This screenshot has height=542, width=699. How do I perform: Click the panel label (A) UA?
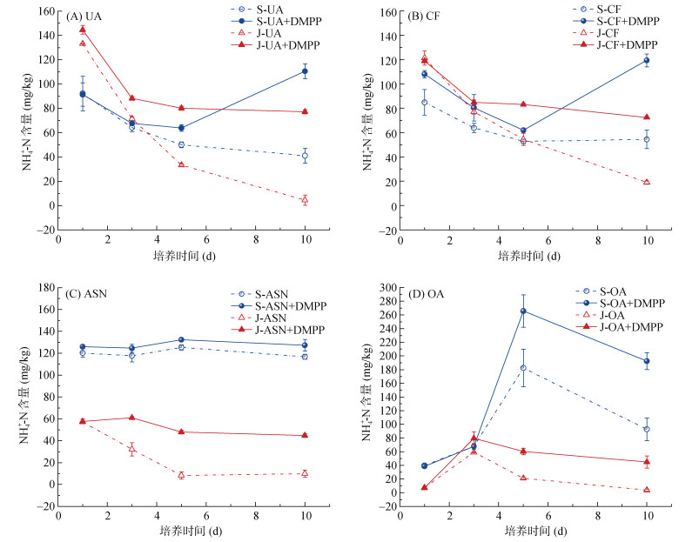click(x=84, y=17)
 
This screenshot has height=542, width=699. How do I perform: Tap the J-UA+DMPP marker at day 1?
click(x=83, y=30)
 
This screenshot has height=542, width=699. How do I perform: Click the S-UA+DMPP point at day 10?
click(x=305, y=71)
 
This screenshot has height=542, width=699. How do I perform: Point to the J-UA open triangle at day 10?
click(x=305, y=200)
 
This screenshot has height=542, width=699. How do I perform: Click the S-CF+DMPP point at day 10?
click(x=647, y=60)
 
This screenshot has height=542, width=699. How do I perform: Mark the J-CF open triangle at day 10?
click(x=647, y=182)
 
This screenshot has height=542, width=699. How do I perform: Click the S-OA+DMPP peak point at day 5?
click(x=523, y=311)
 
